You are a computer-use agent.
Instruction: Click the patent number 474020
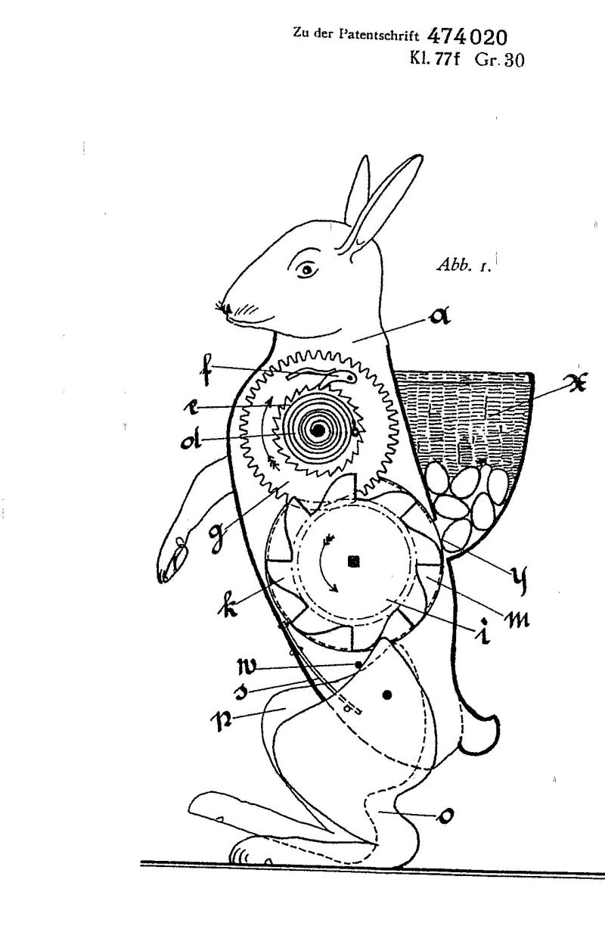coord(467,36)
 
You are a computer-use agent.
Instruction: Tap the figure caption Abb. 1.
coord(464,265)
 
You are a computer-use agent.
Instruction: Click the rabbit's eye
coord(307,269)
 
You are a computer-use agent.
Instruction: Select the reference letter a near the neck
coord(439,317)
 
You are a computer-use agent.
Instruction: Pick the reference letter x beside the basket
coord(576,384)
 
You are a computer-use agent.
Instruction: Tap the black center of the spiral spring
coord(318,430)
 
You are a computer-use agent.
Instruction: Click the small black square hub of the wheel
coord(354,561)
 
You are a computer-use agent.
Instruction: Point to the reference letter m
coord(516,619)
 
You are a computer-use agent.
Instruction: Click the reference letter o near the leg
coord(445,816)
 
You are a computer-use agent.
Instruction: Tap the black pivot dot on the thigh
coord(388,694)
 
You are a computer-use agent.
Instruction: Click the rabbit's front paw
coord(172,561)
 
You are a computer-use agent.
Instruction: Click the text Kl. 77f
coord(435,59)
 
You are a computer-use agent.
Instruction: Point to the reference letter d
coord(191,442)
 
